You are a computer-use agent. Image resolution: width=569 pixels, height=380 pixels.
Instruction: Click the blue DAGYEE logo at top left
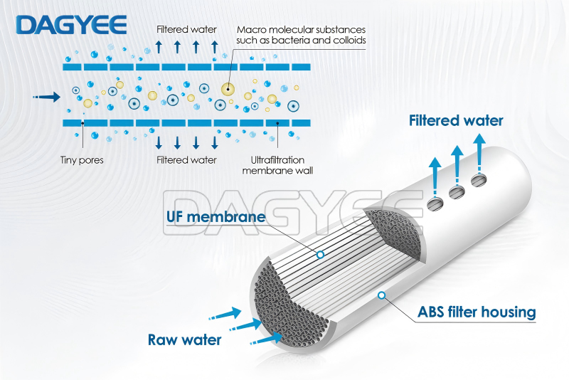[72, 25]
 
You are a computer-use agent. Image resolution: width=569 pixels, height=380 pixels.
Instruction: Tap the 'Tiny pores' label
[82, 160]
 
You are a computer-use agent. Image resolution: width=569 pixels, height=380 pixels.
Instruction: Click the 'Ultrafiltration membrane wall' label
[277, 165]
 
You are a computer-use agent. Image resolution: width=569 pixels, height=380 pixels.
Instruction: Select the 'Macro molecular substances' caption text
[301, 29]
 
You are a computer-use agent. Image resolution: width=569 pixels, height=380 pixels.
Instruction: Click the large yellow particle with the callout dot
[228, 88]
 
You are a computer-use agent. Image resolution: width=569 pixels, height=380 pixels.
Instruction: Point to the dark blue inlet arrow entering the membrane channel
[46, 97]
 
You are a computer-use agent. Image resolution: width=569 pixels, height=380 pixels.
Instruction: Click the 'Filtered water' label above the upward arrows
[186, 29]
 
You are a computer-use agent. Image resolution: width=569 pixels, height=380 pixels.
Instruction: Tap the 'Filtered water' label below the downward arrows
[186, 160]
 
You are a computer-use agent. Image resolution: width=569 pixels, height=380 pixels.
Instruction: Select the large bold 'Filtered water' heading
[456, 120]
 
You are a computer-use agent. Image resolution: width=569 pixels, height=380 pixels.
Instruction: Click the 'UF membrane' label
[216, 216]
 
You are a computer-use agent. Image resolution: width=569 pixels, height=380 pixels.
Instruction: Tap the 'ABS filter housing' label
[477, 312]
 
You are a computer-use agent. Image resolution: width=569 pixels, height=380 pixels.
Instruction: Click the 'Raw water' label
[185, 340]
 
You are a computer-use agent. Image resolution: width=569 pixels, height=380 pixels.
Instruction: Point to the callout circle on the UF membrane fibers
[320, 255]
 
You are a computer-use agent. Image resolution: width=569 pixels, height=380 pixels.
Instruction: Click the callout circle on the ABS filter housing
[381, 295]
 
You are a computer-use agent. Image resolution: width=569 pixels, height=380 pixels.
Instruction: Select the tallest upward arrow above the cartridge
[479, 154]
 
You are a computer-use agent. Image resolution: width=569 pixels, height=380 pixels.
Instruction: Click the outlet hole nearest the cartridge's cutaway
[435, 204]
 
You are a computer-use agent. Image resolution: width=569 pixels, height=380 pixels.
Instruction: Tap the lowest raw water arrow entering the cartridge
[266, 339]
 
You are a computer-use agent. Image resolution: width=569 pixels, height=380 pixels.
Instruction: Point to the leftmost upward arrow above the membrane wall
[159, 47]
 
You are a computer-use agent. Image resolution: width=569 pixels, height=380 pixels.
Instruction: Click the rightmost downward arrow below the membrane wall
[215, 142]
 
